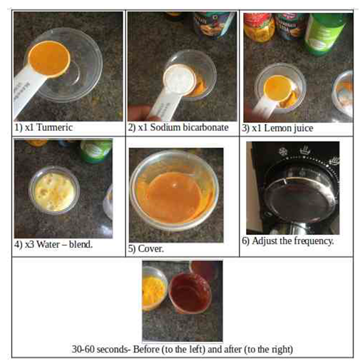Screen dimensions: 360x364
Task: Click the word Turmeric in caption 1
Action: [x=54, y=127]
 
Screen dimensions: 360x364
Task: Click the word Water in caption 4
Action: [x=48, y=244]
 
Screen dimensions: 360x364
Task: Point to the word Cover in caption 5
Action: [x=150, y=248]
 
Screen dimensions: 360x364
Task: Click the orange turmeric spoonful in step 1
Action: [x=49, y=59]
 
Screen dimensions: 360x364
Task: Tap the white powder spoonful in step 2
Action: [x=180, y=78]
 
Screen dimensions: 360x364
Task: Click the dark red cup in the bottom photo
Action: [x=190, y=293]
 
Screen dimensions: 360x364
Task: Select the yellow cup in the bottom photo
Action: [x=153, y=288]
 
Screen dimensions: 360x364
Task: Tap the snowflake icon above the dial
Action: [x=283, y=151]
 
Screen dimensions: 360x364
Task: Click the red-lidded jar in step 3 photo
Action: [x=259, y=28]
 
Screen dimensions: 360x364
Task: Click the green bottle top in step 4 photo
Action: [x=96, y=151]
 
